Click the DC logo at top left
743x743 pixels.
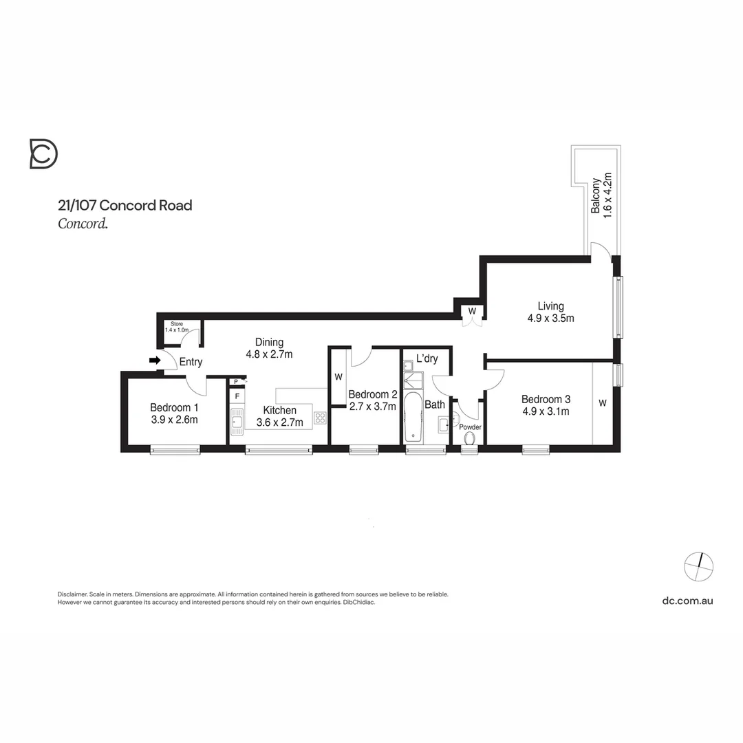[43, 153]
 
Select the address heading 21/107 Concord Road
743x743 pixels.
[125, 205]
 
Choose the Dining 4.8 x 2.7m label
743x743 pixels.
[269, 348]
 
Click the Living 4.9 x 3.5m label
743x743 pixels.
[550, 312]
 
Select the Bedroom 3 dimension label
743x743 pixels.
[546, 405]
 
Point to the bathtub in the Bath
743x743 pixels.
[413, 416]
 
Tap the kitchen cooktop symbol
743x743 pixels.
[320, 417]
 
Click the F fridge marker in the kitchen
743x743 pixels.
[237, 396]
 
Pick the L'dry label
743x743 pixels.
[427, 358]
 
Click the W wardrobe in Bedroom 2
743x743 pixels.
[338, 377]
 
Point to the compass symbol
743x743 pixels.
[698, 567]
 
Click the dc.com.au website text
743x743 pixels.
[687, 601]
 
